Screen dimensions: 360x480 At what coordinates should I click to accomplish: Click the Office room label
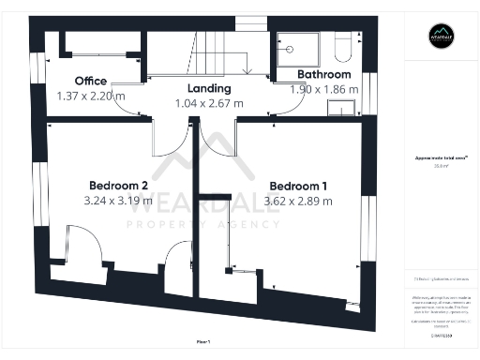[x=91, y=82]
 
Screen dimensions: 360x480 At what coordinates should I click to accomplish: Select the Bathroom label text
[x=324, y=74]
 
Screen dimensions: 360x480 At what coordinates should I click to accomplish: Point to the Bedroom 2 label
[x=119, y=185]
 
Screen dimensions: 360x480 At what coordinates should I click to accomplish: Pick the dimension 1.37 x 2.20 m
[x=91, y=97]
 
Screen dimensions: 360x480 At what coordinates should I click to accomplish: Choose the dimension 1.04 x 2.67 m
[x=209, y=103]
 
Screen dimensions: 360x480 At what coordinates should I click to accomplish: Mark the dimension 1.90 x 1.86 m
[x=324, y=89]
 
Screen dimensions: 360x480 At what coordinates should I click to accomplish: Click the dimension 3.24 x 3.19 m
[x=119, y=200]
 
